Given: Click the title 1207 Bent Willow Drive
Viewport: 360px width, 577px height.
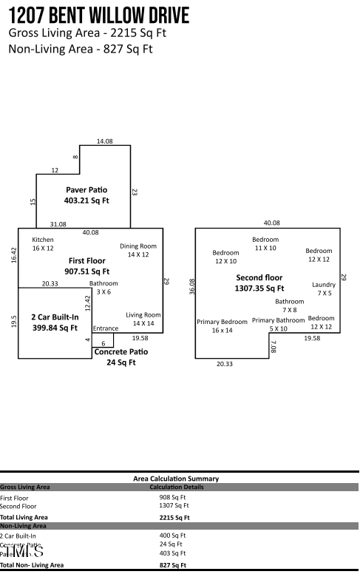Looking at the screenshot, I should pos(98,15).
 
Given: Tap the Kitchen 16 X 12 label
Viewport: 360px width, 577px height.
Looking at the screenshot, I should pos(43,244).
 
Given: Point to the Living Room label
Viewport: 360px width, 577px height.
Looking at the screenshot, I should pos(143,319).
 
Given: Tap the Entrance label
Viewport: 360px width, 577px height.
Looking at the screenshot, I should pos(105,328).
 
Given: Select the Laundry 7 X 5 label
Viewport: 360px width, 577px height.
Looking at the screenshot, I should pos(324,288).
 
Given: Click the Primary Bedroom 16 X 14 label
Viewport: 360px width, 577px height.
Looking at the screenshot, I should pos(222,326).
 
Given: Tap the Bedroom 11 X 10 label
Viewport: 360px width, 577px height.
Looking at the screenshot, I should pos(265,244).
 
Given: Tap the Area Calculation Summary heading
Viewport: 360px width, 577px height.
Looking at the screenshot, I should pos(176,479).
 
